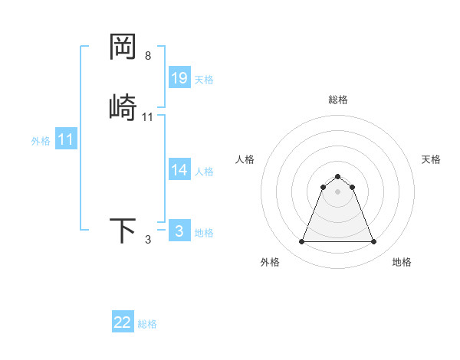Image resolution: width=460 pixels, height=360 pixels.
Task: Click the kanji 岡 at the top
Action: click(123, 47)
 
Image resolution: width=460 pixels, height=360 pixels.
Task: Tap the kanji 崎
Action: click(123, 107)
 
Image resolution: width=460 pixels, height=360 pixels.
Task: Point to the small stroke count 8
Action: click(148, 56)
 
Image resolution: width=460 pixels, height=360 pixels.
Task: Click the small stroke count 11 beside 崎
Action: click(148, 117)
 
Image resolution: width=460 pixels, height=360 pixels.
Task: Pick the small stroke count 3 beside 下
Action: click(148, 240)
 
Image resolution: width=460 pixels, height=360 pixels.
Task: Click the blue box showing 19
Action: click(179, 78)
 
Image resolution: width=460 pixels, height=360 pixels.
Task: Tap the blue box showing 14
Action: click(179, 170)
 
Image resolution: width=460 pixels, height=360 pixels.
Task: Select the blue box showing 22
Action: click(123, 322)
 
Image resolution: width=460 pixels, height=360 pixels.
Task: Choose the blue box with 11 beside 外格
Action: click(66, 140)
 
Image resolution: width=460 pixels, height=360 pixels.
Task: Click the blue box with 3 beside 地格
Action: click(179, 231)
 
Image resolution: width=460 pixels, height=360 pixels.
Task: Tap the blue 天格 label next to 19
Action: click(204, 80)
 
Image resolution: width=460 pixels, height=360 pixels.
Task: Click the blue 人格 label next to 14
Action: click(204, 172)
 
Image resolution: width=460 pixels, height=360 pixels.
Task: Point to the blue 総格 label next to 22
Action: click(147, 324)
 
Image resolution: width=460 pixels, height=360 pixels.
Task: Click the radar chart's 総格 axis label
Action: click(337, 100)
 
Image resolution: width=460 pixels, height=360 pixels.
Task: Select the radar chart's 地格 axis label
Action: click(402, 262)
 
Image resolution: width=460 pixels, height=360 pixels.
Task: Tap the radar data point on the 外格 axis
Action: click(301, 242)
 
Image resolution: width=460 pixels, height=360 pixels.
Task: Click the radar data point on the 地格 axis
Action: click(373, 242)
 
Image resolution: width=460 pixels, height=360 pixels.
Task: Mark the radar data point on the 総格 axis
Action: click(337, 176)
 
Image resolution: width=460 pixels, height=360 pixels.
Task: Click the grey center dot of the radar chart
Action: click(337, 191)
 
